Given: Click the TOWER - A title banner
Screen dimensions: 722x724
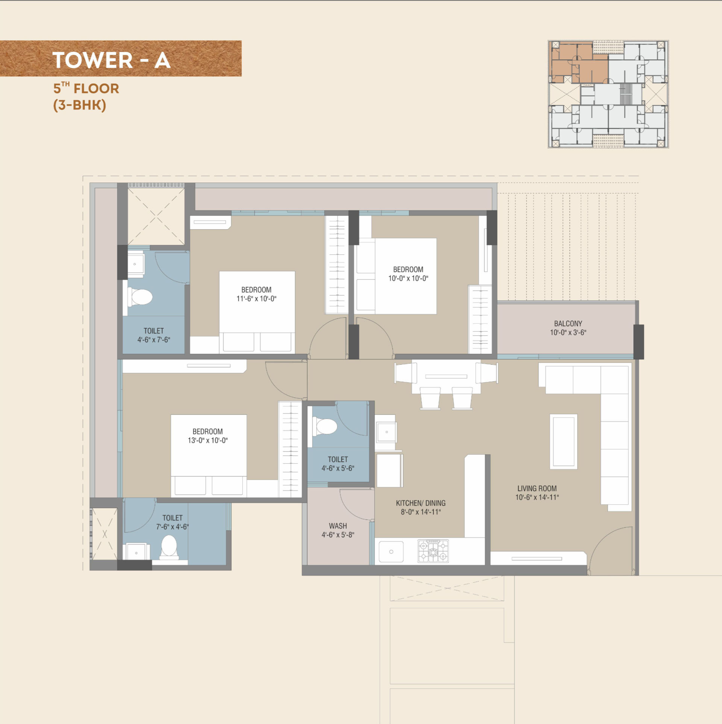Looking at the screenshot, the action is pos(120,58).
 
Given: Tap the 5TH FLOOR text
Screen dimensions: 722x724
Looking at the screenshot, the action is pos(86,88).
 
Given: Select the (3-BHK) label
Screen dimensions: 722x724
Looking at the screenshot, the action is pos(80,105).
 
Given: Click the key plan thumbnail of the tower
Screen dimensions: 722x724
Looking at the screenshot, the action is pos(608,94).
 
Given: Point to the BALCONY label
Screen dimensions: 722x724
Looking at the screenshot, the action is pos(568,324).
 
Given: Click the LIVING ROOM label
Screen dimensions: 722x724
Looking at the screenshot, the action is pos(537,488).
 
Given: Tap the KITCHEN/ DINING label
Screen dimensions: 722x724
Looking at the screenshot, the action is pos(421,503).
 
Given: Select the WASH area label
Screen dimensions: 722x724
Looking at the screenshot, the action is pos(338,526).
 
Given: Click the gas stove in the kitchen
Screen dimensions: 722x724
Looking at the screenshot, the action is pos(433,551).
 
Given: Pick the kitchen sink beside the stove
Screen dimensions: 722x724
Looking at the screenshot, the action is pos(391,552).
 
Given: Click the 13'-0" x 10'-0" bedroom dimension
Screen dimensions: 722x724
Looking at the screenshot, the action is pos(208,440).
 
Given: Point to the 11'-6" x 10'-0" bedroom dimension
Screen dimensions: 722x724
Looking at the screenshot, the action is pos(256,299).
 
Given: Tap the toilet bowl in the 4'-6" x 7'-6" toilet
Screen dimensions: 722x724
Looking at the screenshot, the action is pos(140,297).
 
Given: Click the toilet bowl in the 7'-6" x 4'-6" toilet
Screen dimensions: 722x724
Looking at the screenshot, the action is pos(169,546).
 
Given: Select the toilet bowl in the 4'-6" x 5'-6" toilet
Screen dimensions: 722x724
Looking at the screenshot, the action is pos(325,427).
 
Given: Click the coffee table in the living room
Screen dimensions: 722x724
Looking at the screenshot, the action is pos(563,441).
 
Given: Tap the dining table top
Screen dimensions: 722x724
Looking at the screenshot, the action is pos(446,377).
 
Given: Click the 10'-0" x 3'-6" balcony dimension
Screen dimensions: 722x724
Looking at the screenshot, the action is pos(568,333).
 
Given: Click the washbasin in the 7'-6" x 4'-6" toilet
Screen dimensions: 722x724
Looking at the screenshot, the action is pos(136,552).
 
